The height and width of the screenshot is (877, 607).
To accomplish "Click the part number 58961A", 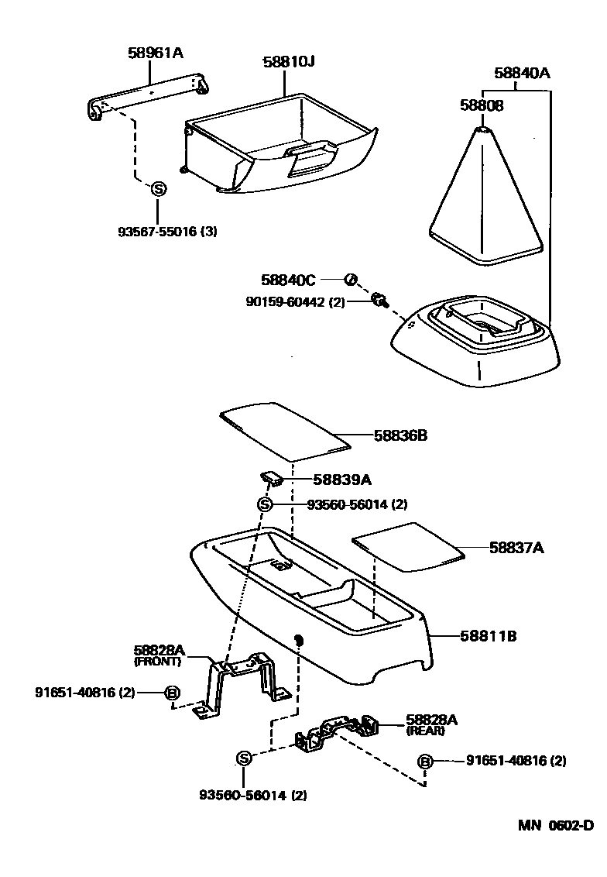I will coord(155,53).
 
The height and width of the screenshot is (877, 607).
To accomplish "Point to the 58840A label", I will coord(522,74).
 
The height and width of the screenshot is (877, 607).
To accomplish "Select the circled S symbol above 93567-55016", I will coord(157,188).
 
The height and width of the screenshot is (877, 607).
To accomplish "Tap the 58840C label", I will coord(288,279).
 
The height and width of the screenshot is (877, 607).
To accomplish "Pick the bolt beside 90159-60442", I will coord(379,299).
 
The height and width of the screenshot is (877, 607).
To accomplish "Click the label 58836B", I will coord(400,435).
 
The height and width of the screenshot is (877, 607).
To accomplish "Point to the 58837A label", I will coord(516,548).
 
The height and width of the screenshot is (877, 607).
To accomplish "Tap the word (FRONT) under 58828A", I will coord(157,662).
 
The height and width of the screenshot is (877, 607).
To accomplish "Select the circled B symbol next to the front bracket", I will coord(173,693).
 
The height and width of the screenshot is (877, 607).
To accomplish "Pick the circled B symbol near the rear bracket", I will coord(424,762).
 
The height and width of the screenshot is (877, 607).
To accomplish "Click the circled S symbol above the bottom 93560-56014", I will coord(243,758).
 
